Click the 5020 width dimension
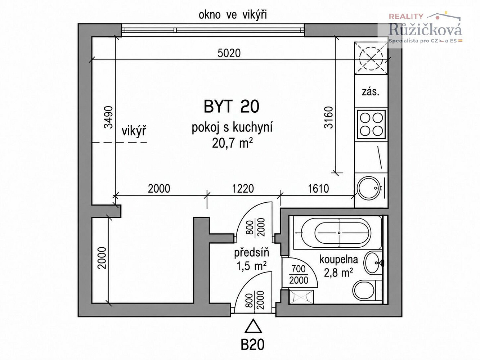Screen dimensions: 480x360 coord(229,53)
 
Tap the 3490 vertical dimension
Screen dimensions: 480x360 coord(109,117)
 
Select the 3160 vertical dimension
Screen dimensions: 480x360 coord(328,117)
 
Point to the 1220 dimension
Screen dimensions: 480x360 coord(243,189)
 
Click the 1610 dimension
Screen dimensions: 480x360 coord(318,189)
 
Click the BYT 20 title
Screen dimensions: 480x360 coord(232,107)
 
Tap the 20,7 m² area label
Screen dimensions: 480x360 coord(232,143)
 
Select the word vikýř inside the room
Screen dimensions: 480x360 coord(134,131)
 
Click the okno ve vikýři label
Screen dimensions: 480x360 coord(233,15)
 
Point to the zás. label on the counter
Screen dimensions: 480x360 coord(371,92)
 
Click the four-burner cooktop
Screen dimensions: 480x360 coord(371,125)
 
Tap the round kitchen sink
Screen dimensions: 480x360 coord(369,188)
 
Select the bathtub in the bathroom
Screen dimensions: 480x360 coord(338,233)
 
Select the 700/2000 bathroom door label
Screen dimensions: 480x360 coord(299,275)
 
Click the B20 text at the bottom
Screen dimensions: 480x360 coord(252,345)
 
